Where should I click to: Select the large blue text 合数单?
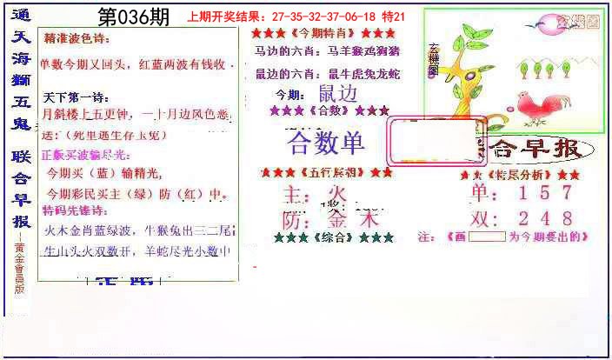(x=326, y=142)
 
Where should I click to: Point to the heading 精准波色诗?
(x=77, y=39)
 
